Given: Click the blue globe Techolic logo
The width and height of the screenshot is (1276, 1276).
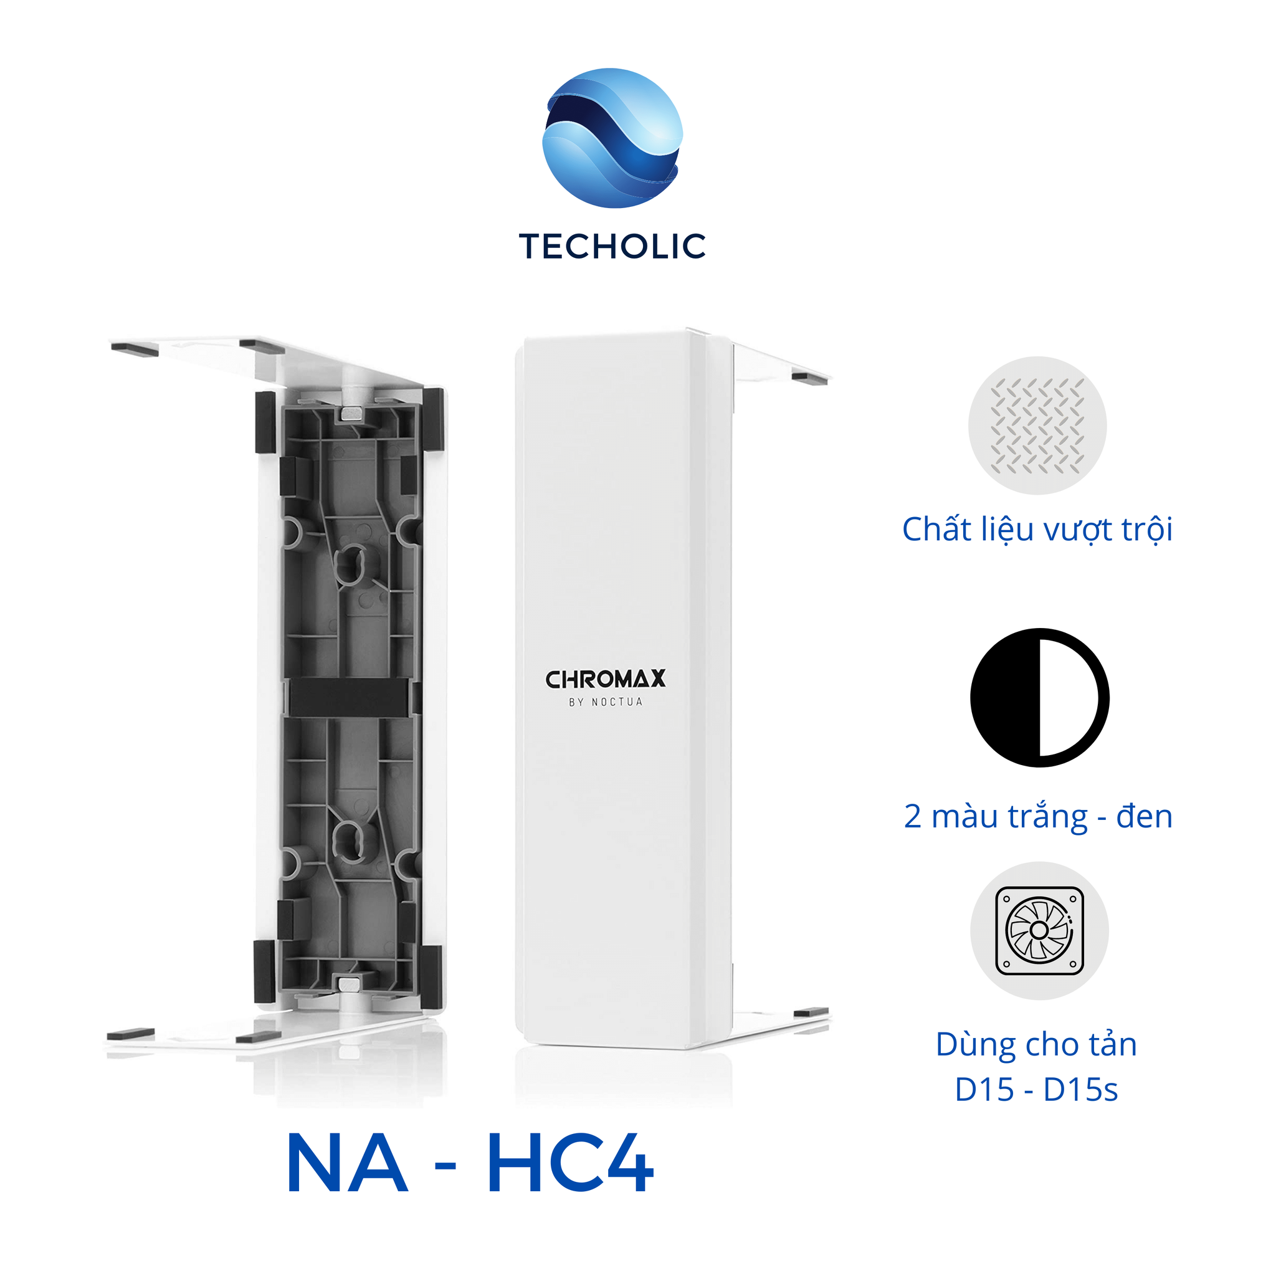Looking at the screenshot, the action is click(x=612, y=137).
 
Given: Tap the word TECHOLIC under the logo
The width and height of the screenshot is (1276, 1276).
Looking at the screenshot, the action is click(x=612, y=246).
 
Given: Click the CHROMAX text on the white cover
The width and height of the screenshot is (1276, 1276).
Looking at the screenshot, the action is click(x=605, y=680).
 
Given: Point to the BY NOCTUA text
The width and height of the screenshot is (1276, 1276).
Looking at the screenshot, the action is click(x=606, y=702).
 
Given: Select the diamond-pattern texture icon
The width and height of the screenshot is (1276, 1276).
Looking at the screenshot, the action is click(x=1037, y=426).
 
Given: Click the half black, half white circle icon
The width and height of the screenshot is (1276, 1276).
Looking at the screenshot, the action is click(x=1039, y=697).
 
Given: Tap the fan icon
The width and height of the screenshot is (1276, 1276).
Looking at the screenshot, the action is click(x=1039, y=931).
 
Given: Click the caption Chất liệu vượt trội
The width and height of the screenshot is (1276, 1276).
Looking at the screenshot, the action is click(x=1037, y=530).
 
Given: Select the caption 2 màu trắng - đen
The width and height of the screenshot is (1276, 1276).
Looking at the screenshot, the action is click(x=1038, y=816).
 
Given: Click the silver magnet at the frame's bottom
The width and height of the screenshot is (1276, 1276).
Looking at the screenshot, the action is click(x=350, y=985).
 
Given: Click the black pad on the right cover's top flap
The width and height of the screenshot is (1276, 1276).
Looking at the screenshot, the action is click(x=809, y=379).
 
